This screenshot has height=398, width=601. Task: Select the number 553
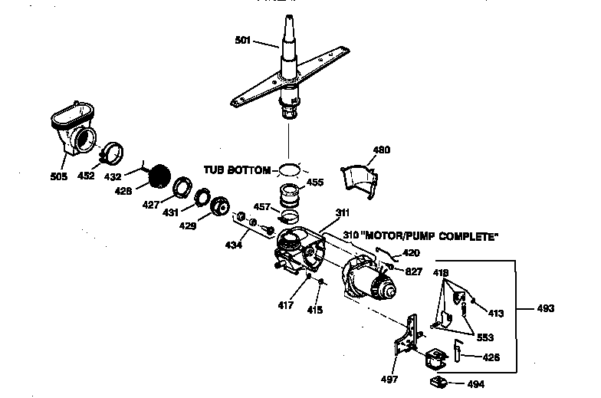coord(483,337)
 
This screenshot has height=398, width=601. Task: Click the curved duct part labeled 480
coord(358,183)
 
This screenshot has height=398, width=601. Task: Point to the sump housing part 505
coord(74,134)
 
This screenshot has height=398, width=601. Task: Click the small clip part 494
coord(439,381)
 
